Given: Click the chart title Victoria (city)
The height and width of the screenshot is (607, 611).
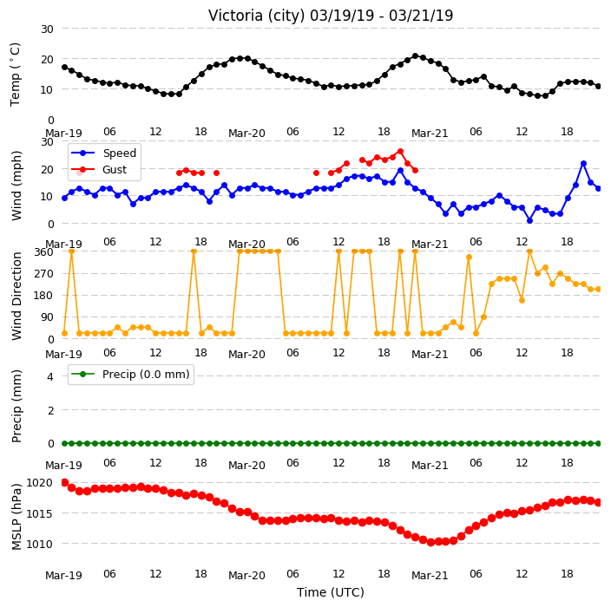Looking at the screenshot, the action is tap(258, 16).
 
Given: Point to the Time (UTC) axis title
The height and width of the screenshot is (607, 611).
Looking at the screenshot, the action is tap(331, 592).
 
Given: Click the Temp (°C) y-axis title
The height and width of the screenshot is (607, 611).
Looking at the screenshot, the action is tap(16, 75).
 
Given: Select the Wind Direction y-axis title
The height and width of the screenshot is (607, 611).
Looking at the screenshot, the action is tap(16, 296).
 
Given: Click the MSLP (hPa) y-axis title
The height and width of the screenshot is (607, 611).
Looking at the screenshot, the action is tap(16, 517).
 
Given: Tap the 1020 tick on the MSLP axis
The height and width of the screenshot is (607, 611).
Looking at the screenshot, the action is tap(39, 483).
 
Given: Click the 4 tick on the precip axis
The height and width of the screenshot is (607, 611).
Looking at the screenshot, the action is tap(50, 376).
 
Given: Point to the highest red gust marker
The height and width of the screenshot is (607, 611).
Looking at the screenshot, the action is tap(400, 152).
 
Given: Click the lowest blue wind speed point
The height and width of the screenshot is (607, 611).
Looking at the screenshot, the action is tap(529, 220).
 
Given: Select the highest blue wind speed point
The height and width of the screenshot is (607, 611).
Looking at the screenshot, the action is tap(583, 164).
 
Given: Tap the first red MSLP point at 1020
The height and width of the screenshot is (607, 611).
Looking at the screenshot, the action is tap(65, 482).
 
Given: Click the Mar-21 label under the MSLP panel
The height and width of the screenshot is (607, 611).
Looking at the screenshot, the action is tap(430, 576).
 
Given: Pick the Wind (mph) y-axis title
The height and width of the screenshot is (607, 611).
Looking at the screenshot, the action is tap(16, 186).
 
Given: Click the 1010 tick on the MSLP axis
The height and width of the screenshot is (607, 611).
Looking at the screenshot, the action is tap(39, 544).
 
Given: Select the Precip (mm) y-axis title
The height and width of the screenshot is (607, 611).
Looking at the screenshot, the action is tap(16, 406).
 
